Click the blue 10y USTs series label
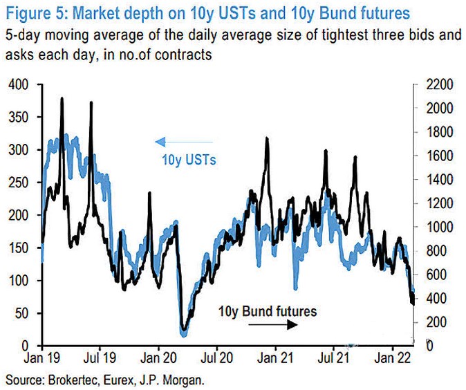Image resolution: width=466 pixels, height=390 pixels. [x=189, y=160]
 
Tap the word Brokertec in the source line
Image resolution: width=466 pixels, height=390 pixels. [x=72, y=379]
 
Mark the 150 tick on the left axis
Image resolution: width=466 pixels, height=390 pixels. [x=21, y=248]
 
